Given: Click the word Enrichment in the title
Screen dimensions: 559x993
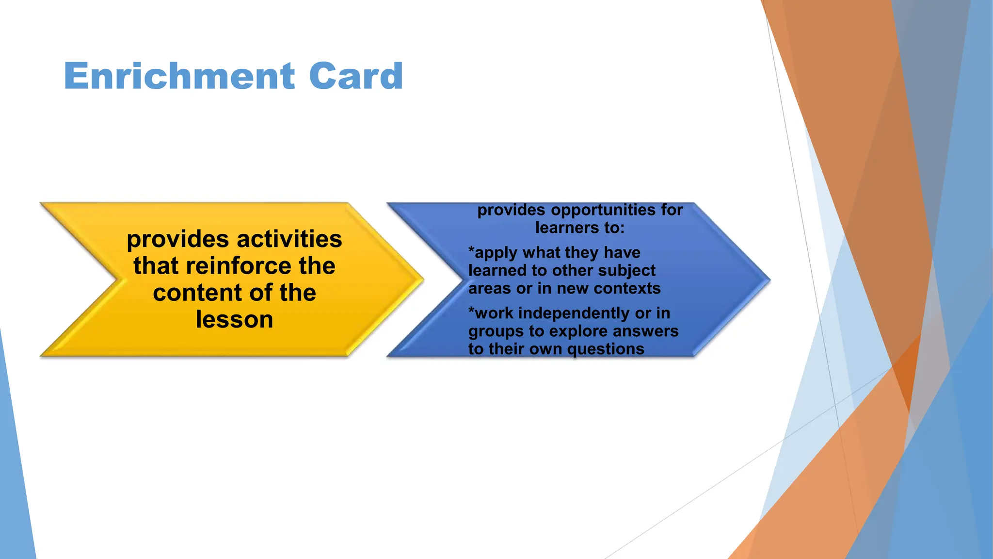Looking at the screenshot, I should (179, 76).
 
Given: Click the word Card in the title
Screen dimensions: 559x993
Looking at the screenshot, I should (355, 76).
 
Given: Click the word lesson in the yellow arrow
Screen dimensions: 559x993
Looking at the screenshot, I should (234, 320).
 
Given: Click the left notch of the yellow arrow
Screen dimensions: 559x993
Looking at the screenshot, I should (116, 279).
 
